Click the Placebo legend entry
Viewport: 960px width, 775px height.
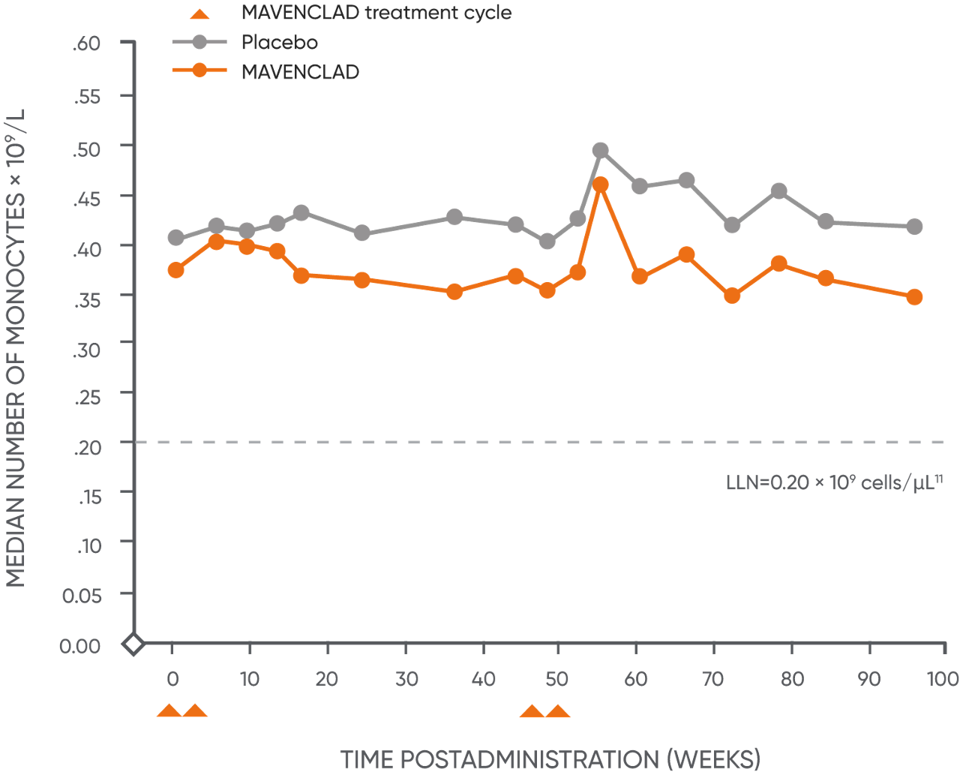pos(279,42)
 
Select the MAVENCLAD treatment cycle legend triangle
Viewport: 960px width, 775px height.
pos(199,14)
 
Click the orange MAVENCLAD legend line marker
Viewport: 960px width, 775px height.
pos(199,71)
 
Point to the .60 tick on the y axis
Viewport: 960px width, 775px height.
pos(87,44)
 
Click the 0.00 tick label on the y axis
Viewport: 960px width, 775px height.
pos(80,645)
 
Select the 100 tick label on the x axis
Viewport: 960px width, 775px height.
pos(943,679)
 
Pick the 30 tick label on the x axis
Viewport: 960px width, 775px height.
pos(406,679)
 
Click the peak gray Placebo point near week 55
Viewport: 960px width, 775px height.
pos(600,150)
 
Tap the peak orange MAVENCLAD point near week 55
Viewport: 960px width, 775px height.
pos(600,185)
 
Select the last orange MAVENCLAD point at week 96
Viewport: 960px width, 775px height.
pos(914,297)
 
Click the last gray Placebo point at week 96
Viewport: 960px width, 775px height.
pos(914,227)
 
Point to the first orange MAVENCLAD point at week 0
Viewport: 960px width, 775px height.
pos(176,270)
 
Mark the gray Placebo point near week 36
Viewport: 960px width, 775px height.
pos(454,218)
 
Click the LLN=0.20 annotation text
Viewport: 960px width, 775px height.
pos(833,482)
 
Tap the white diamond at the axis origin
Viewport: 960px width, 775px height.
pos(133,644)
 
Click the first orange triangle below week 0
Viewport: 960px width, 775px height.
pos(169,711)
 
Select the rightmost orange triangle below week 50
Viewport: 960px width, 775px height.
pos(557,711)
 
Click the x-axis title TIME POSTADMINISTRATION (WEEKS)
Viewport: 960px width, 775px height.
pos(550,759)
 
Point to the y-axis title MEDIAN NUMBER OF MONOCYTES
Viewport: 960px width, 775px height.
pos(16,349)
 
